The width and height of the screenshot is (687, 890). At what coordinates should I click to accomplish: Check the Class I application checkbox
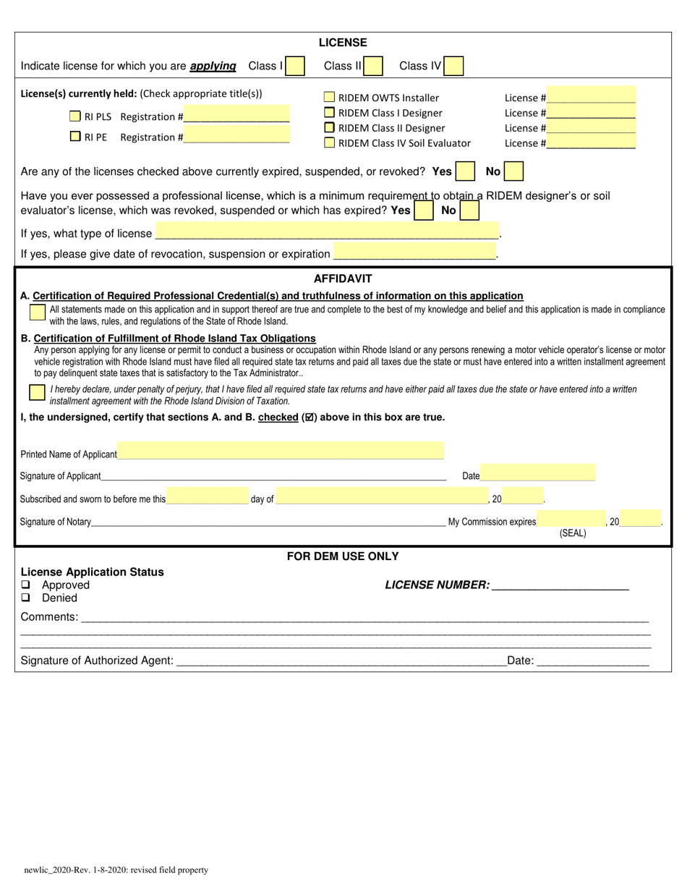(295, 67)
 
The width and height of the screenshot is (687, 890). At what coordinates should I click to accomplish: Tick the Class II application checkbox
(373, 67)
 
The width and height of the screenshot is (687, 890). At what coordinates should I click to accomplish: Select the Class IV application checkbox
(453, 67)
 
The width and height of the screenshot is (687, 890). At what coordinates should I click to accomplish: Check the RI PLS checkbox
(75, 116)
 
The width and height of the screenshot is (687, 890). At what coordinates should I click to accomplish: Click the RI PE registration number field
(236, 136)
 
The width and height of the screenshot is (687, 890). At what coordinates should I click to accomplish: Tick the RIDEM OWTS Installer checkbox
(330, 97)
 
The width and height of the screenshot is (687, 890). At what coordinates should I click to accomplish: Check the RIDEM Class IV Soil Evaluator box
(330, 143)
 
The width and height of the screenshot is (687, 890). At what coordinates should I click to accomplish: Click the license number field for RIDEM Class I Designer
(591, 112)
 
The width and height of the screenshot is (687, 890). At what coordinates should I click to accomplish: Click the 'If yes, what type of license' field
(327, 232)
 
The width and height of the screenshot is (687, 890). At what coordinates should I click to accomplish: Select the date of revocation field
(414, 253)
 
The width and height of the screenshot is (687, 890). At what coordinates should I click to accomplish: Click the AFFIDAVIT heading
(343, 279)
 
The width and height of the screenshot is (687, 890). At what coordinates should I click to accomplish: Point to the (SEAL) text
(573, 533)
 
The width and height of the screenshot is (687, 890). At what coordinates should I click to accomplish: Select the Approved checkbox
(26, 585)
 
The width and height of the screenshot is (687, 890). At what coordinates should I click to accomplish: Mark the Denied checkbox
(26, 598)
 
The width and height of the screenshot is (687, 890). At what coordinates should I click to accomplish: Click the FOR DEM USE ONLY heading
(343, 556)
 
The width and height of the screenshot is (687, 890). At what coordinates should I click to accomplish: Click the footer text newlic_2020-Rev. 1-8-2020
(115, 870)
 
